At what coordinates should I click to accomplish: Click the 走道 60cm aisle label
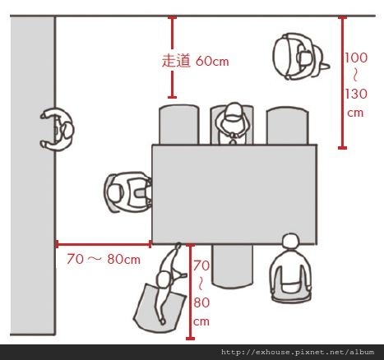195,61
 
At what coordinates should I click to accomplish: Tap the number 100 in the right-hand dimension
356,58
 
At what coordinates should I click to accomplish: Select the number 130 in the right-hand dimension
356,94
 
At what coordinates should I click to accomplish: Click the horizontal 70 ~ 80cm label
104,259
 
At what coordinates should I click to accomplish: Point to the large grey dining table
234,194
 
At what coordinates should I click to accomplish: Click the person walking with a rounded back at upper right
300,57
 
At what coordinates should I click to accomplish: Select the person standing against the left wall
57,129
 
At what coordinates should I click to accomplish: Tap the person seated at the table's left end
128,192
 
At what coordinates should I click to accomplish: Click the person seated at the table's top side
233,123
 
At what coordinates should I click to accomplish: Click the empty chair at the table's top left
178,125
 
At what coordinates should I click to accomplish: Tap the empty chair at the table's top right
287,126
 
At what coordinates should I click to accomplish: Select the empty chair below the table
232,265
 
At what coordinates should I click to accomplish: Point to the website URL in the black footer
298,352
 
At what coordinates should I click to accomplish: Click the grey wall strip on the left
32,175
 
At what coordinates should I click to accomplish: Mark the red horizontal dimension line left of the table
104,244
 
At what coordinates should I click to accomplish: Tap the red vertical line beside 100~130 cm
342,82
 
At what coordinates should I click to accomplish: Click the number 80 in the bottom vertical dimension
201,302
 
